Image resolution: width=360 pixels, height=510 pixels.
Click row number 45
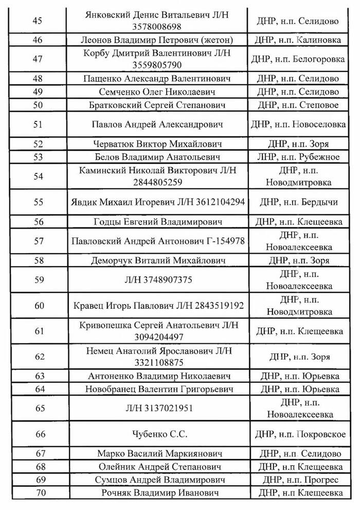37,21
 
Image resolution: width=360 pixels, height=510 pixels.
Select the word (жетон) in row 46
204,40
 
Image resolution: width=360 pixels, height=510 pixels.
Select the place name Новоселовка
319,125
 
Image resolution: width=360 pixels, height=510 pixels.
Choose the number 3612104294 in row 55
217,202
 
